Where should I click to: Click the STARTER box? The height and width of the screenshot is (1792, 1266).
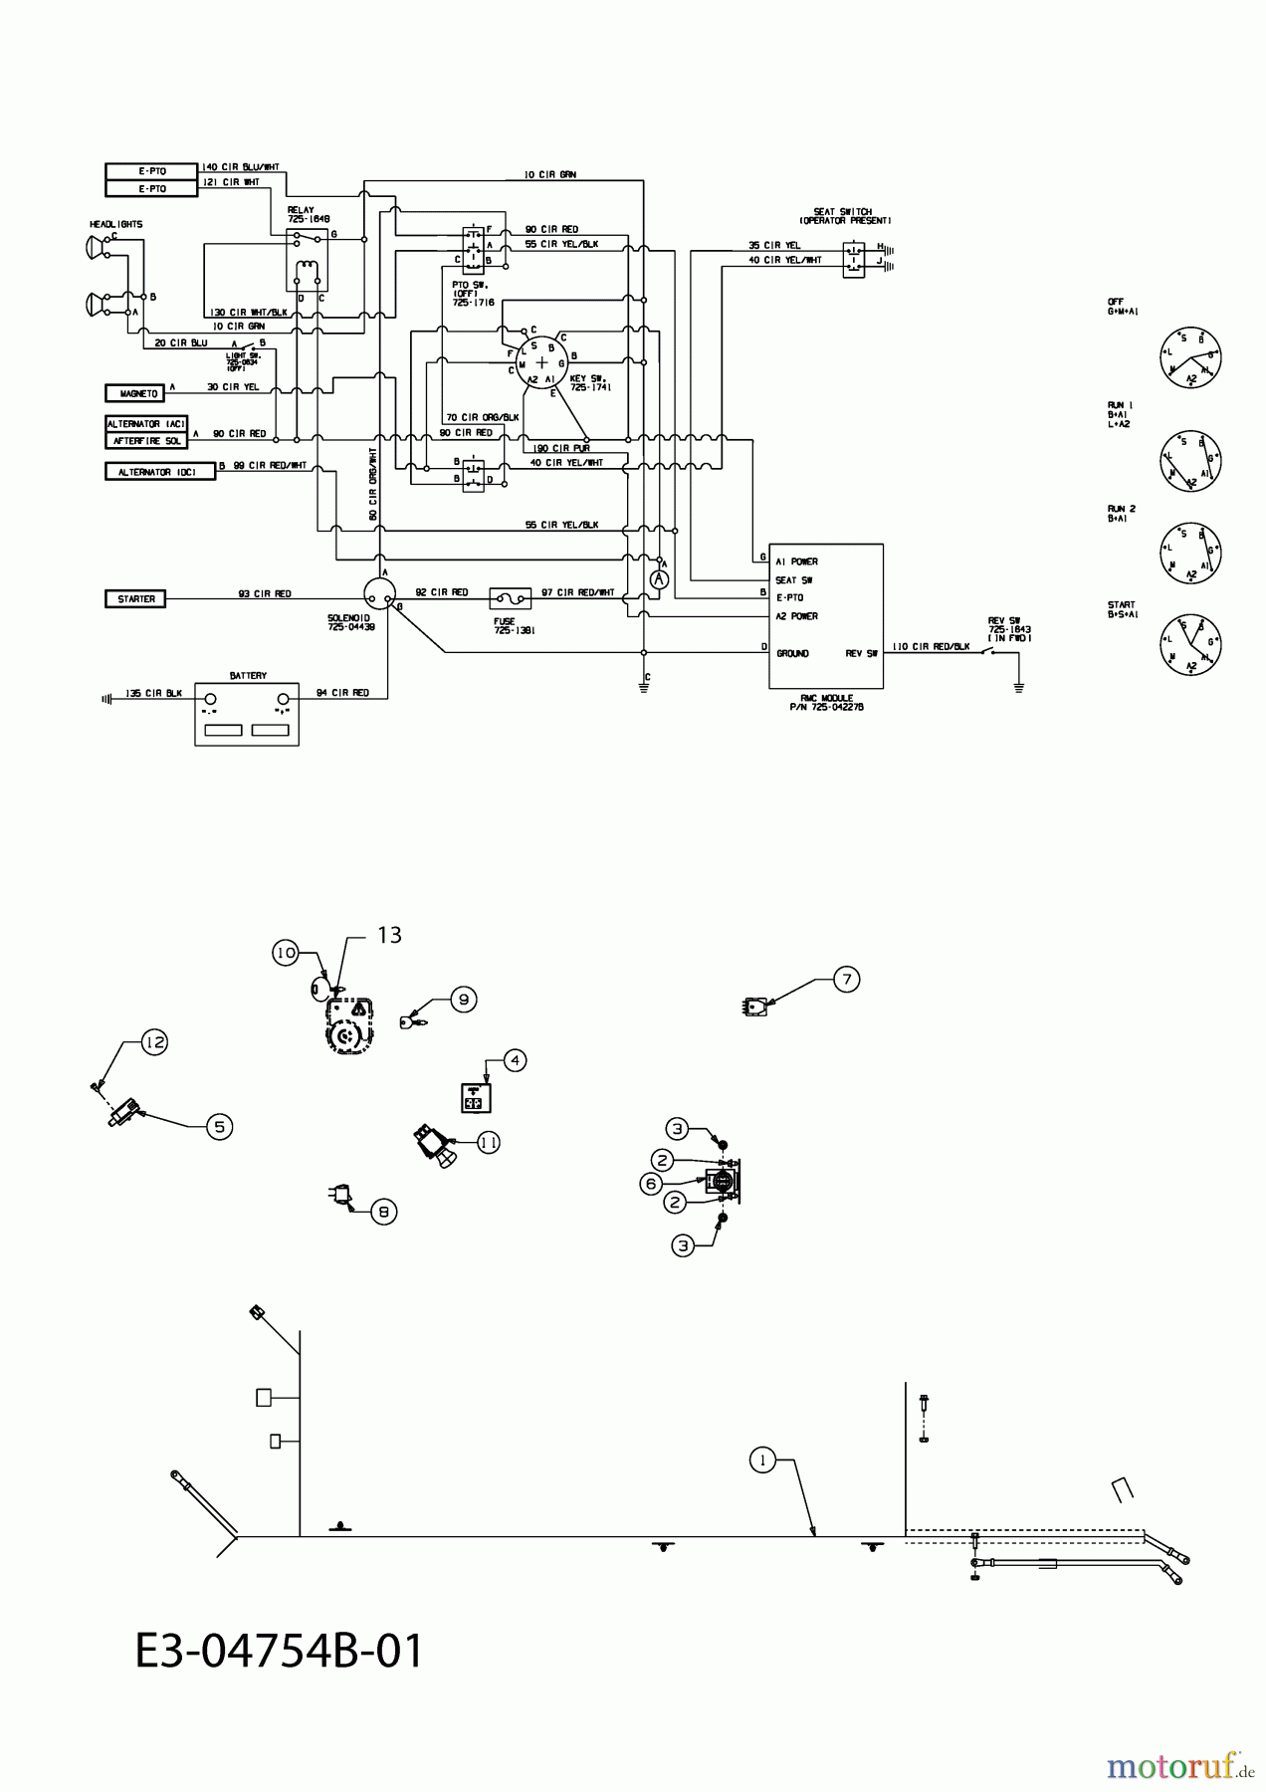136,598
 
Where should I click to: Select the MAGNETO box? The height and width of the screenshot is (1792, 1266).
138,393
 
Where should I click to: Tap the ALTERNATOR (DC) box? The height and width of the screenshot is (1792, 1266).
159,472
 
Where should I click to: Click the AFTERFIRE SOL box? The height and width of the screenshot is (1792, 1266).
146,440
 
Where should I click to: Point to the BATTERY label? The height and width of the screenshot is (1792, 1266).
248,675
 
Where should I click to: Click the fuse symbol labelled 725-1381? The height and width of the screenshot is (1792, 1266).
510,598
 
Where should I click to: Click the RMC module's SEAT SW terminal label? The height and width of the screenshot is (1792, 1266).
794,579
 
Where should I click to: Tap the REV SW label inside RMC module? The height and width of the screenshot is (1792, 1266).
861,653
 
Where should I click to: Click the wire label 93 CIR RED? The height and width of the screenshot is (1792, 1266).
264,593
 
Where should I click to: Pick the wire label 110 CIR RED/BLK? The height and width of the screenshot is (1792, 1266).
931,646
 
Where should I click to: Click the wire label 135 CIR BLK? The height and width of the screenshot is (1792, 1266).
153,693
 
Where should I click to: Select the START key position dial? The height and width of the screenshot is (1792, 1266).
1190,643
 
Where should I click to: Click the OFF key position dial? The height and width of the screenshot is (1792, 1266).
1190,357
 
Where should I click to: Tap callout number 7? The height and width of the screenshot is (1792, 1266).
846,979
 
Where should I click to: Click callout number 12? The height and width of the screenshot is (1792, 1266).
153,1042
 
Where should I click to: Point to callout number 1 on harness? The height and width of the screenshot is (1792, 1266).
762,1460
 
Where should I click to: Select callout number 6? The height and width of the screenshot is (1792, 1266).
651,1183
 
